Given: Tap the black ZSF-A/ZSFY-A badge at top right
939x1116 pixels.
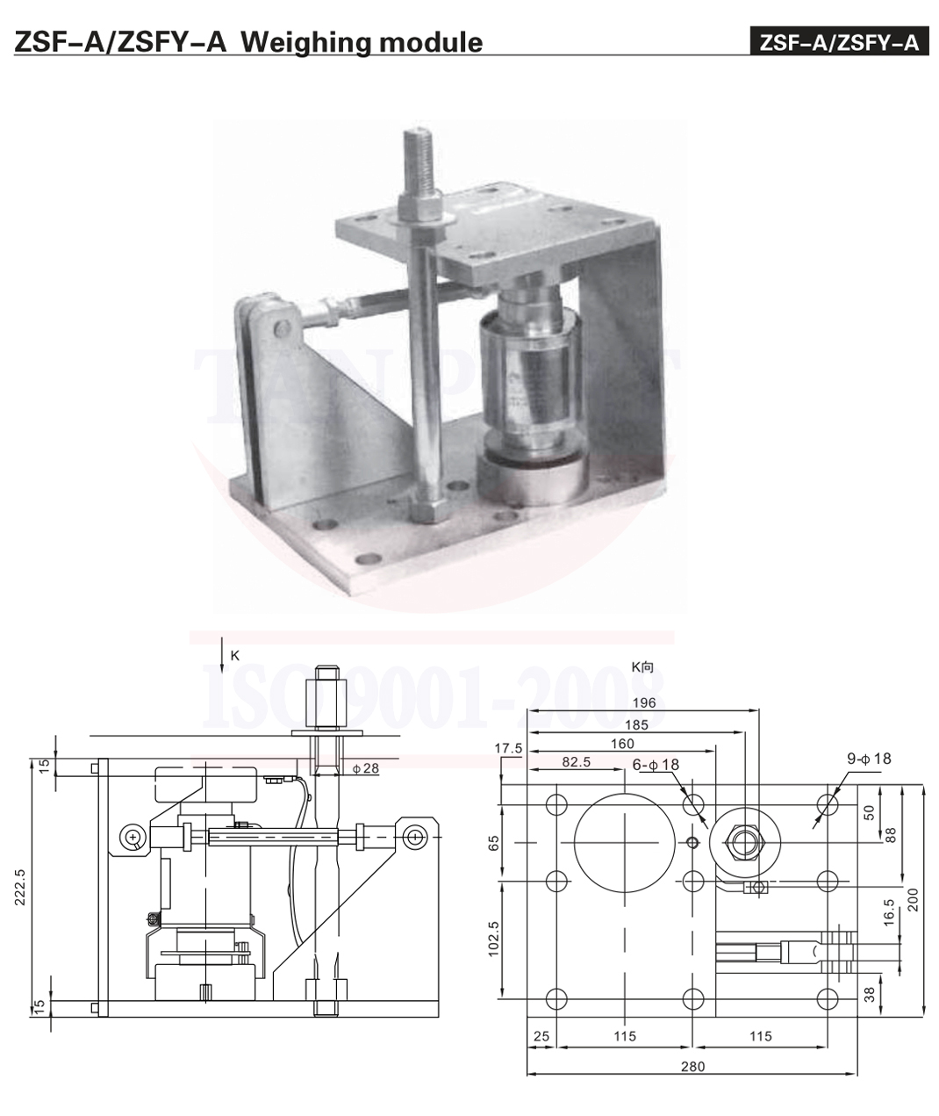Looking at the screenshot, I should tap(839, 42).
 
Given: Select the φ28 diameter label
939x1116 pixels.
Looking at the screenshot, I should tap(365, 768).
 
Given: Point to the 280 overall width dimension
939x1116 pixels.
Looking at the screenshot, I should tap(692, 1067).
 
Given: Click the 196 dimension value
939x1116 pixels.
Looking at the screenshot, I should tap(643, 702).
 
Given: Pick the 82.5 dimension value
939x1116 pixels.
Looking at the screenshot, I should tap(576, 762).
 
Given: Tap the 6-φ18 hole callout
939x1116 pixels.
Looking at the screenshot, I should tap(656, 765).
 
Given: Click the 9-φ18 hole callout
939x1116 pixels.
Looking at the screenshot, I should tap(869, 758).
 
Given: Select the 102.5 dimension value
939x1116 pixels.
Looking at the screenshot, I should tap(492, 939).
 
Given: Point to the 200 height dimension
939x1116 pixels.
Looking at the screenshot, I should tap(913, 899).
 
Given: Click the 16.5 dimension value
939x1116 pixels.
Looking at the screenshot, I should tap(888, 911).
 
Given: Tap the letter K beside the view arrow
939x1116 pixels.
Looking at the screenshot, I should tap(234, 655).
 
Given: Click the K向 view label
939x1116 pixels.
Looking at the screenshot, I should tap(642, 666).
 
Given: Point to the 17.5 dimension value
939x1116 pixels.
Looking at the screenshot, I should tap(508, 748).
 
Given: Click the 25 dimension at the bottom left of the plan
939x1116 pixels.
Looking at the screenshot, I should tap(541, 1036).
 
